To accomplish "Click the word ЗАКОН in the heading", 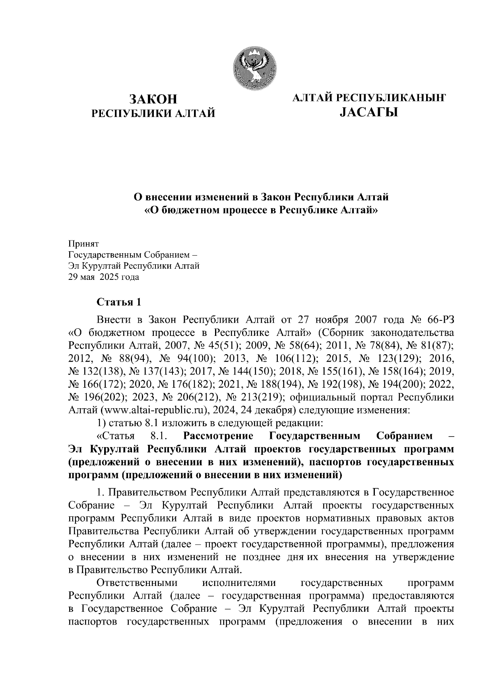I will click(153, 99).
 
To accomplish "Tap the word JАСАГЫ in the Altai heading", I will click(368, 113).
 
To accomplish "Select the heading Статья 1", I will click(119, 302).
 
